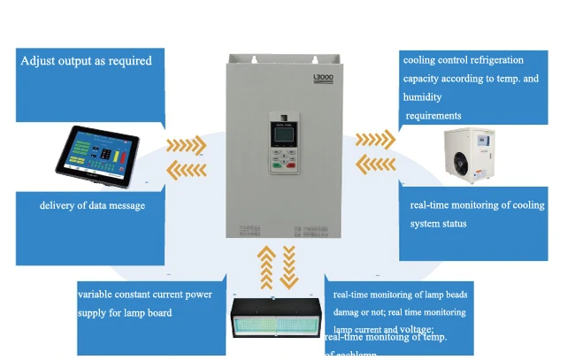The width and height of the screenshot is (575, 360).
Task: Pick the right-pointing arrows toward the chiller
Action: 375,140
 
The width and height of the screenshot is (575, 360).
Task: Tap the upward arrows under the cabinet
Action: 267,268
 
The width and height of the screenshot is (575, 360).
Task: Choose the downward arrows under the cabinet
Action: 289,268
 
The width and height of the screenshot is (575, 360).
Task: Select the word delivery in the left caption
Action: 58,206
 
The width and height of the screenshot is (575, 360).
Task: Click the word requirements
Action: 433,116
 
